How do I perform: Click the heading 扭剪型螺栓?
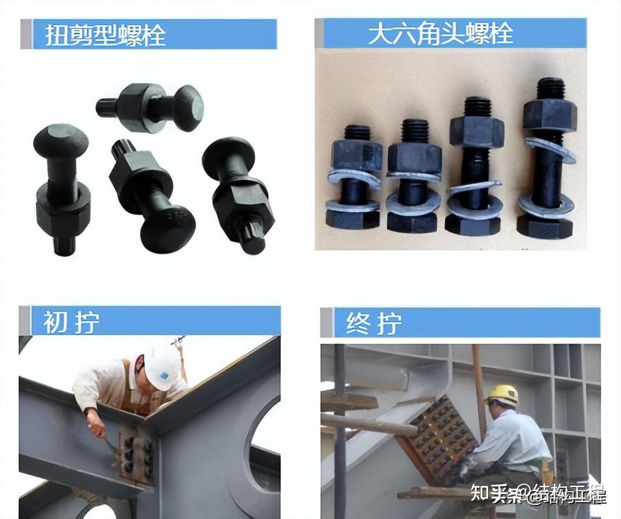(x=106, y=35)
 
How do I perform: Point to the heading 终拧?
(x=373, y=323)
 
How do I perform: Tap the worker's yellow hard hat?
(x=502, y=394)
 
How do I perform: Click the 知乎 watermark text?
(x=486, y=495)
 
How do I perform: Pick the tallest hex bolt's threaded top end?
(x=550, y=88)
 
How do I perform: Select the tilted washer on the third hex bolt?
(x=474, y=187)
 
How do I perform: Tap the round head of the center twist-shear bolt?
(x=167, y=228)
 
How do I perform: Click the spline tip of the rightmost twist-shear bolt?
(x=253, y=239)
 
